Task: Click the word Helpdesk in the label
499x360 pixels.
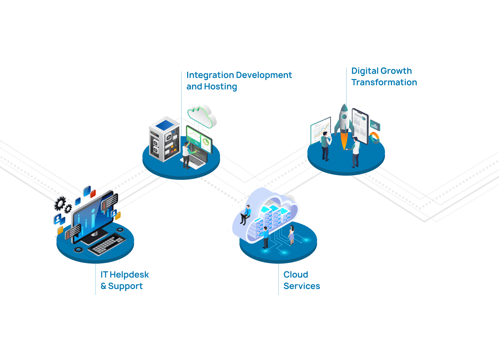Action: (129, 275)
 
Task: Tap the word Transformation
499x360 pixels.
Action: (384, 82)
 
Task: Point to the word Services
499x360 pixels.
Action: (301, 286)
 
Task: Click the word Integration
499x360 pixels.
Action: (210, 75)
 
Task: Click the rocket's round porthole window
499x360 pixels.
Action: (344, 117)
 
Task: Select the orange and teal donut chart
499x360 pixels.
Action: (375, 137)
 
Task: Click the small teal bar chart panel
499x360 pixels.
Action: (375, 125)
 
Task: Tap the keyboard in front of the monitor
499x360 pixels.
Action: (106, 244)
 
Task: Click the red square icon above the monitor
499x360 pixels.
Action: (93, 193)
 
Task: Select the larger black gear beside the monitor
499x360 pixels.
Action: (60, 203)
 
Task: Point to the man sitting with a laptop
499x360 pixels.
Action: (246, 214)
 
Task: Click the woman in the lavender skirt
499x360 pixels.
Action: (291, 235)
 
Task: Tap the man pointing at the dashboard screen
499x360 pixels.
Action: (186, 155)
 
